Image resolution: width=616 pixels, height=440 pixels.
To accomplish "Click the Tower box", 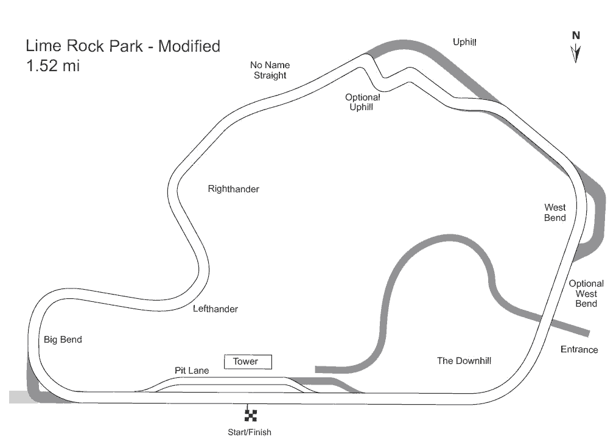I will [248, 361].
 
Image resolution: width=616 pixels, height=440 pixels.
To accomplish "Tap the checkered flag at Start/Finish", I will [250, 416].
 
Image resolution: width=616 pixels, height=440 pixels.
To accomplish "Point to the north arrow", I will [576, 54].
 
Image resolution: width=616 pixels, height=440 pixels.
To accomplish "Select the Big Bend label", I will [63, 340].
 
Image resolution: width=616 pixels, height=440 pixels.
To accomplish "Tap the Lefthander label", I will [215, 309].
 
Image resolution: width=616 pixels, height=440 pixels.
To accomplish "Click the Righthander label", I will [234, 189].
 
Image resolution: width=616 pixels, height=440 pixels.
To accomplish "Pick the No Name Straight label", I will [270, 70].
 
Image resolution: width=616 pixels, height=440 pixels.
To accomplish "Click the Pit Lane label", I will [192, 371].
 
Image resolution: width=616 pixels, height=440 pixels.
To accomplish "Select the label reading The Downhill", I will [464, 361].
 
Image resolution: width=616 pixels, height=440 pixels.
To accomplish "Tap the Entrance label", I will [579, 349].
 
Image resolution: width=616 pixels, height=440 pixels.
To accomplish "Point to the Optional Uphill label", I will [362, 102].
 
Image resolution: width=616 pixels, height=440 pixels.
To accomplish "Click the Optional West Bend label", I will [586, 293].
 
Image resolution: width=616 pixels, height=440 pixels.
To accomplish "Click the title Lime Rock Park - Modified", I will [122, 46].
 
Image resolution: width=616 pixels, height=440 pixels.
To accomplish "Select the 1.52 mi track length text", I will [53, 66].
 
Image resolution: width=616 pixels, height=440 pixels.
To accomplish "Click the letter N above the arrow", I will [576, 35].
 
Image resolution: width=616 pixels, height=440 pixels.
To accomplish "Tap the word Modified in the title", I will [189, 46].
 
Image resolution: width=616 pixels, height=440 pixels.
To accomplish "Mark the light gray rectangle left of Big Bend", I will [18, 397].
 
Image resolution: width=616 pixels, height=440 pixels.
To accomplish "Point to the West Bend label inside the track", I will [555, 212].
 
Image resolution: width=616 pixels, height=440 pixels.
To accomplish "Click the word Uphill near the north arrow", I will [464, 42].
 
